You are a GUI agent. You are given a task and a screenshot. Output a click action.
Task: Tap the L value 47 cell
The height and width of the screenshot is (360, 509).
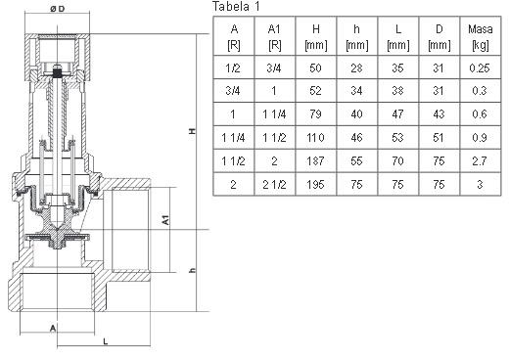tap(397, 113)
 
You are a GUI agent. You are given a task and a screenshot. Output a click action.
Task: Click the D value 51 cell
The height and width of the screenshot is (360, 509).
tap(439, 137)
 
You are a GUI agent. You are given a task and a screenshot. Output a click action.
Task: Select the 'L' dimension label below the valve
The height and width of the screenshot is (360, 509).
tap(104, 341)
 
